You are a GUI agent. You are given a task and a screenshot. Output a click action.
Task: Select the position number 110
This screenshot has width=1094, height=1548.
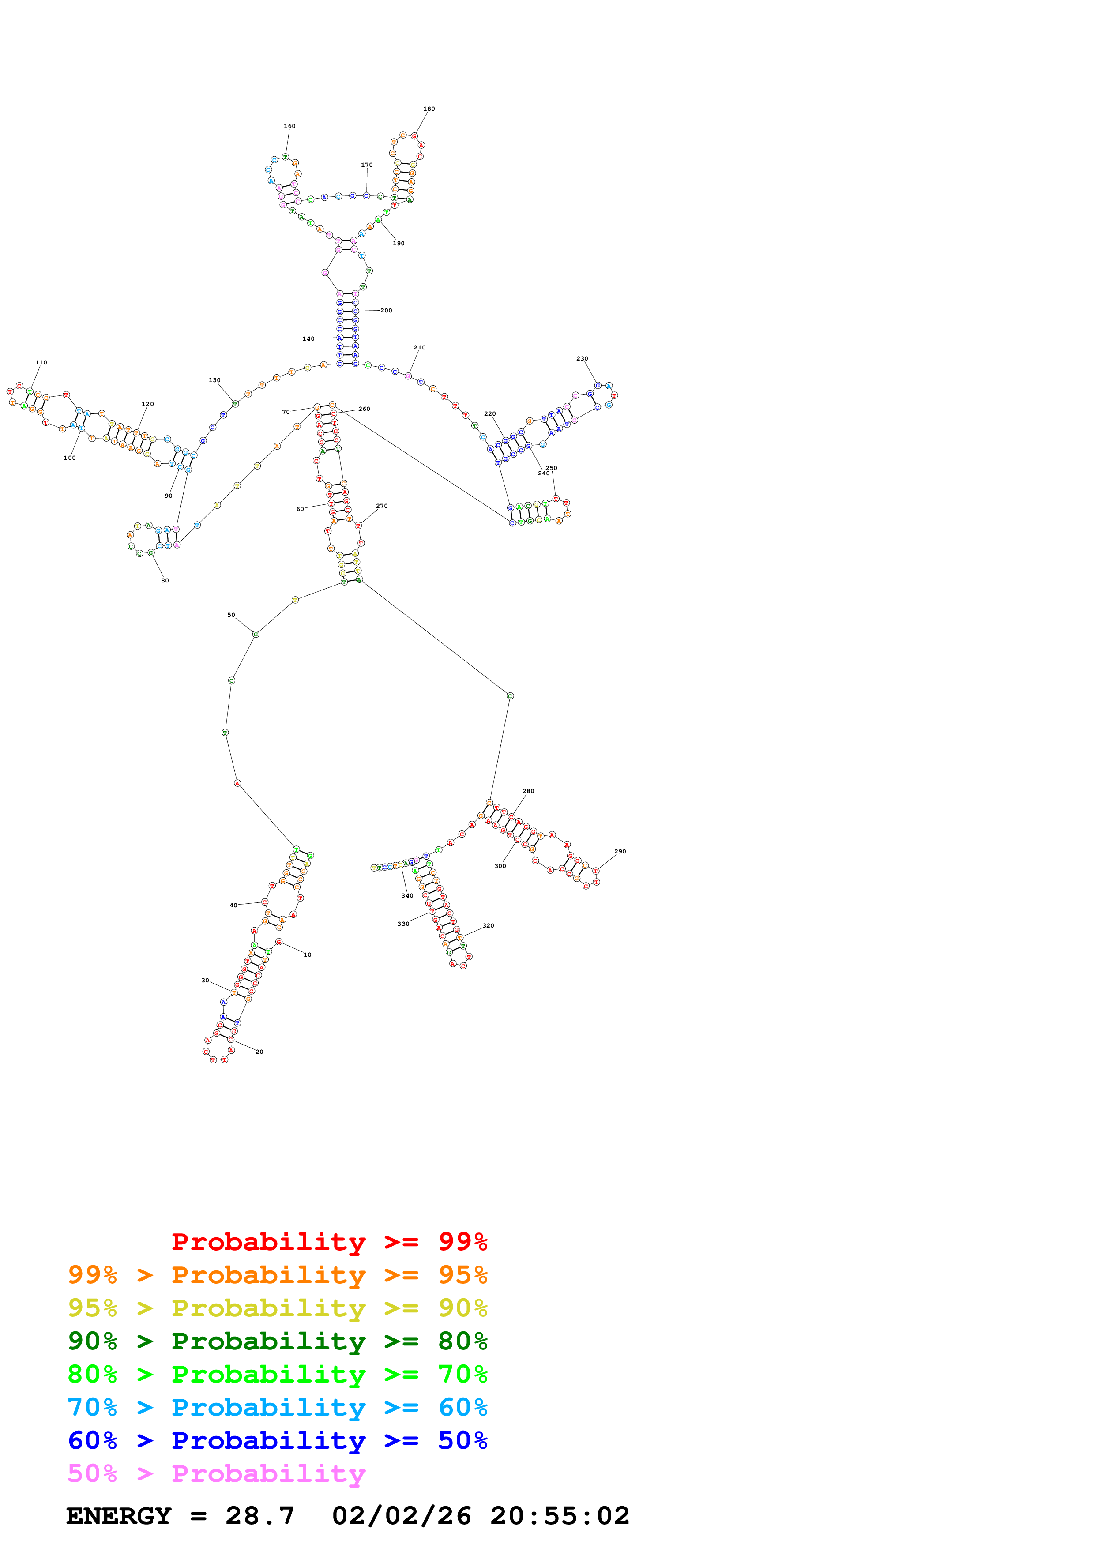[41, 363]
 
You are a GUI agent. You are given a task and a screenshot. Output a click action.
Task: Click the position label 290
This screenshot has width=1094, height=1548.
[620, 852]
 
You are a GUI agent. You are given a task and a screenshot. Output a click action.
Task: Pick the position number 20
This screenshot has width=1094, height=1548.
[259, 1052]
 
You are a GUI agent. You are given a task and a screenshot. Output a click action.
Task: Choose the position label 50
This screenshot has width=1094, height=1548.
[231, 615]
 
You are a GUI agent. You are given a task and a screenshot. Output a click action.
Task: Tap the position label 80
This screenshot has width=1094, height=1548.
[165, 581]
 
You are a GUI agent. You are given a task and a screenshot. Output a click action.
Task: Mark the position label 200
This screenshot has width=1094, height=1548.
[386, 311]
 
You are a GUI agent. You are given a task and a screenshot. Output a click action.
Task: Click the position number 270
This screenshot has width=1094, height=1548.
[382, 506]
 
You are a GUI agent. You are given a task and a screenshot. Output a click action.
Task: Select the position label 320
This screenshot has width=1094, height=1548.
[488, 926]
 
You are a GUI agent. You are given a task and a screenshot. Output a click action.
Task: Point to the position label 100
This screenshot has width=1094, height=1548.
[69, 458]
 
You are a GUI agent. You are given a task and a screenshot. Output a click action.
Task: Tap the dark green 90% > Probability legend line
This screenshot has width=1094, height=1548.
[277, 1341]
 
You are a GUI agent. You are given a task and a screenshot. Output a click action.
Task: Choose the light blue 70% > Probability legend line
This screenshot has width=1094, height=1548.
[277, 1407]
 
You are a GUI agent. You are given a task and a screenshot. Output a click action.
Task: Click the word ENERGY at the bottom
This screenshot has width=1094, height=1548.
[119, 1516]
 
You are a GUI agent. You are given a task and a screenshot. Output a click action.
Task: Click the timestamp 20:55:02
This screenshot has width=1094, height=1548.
[560, 1516]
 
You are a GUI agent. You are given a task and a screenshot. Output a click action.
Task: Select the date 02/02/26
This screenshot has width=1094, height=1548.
[401, 1516]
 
